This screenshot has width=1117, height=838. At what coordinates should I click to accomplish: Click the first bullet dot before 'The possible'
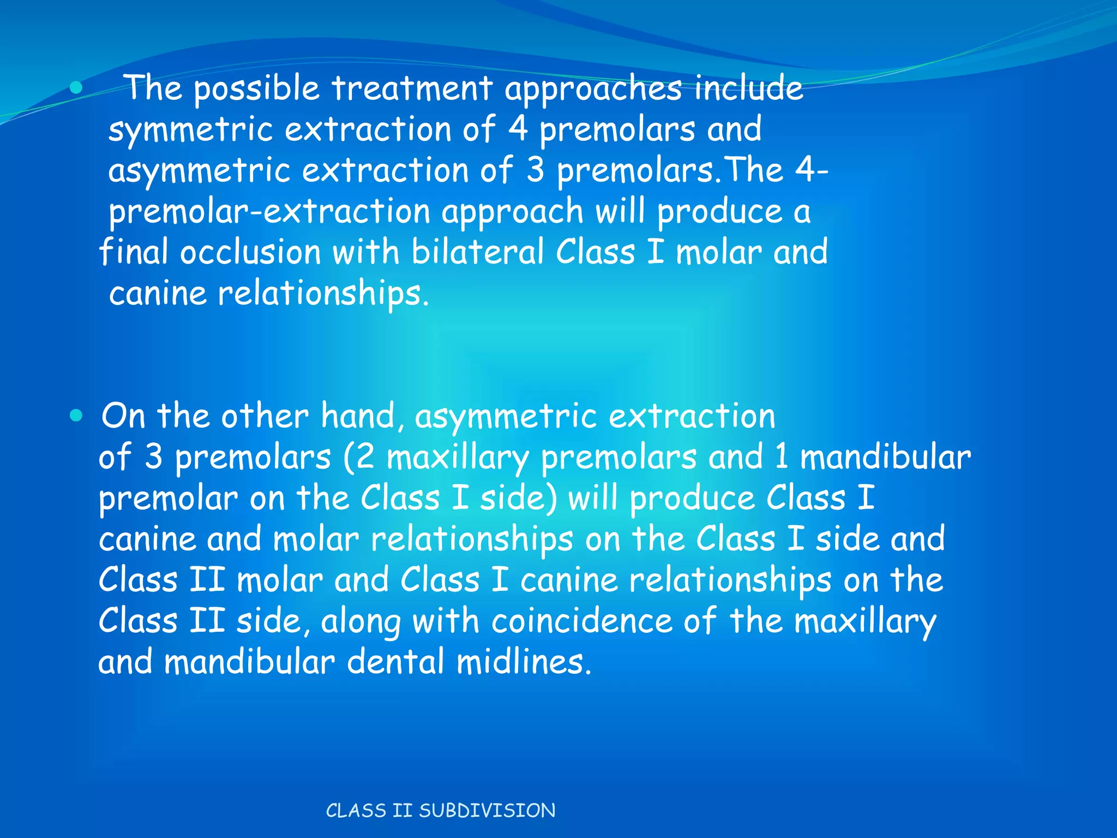click(76, 87)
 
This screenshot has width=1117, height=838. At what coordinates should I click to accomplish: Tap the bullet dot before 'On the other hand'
click(76, 416)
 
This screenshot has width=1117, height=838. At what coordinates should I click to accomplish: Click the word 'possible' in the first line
click(256, 88)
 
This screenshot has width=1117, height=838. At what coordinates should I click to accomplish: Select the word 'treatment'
click(412, 88)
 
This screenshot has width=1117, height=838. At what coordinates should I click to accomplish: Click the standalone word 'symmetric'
click(190, 130)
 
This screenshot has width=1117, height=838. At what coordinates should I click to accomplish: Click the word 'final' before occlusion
click(133, 252)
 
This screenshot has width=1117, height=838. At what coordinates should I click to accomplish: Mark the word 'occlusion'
click(250, 253)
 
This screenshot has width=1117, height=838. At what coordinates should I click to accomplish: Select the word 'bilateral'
click(477, 252)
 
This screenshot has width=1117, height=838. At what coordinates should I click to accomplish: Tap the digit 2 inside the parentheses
click(365, 457)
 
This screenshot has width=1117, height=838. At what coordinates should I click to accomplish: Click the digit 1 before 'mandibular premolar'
click(781, 457)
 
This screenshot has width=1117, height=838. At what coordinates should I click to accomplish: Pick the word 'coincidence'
click(581, 621)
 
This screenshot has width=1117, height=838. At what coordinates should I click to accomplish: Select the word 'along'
click(361, 622)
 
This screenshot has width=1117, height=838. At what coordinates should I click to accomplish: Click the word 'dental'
click(395, 662)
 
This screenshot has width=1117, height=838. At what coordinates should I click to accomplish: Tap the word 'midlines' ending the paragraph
click(523, 662)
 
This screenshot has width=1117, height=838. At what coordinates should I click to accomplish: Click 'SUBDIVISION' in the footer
click(487, 811)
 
